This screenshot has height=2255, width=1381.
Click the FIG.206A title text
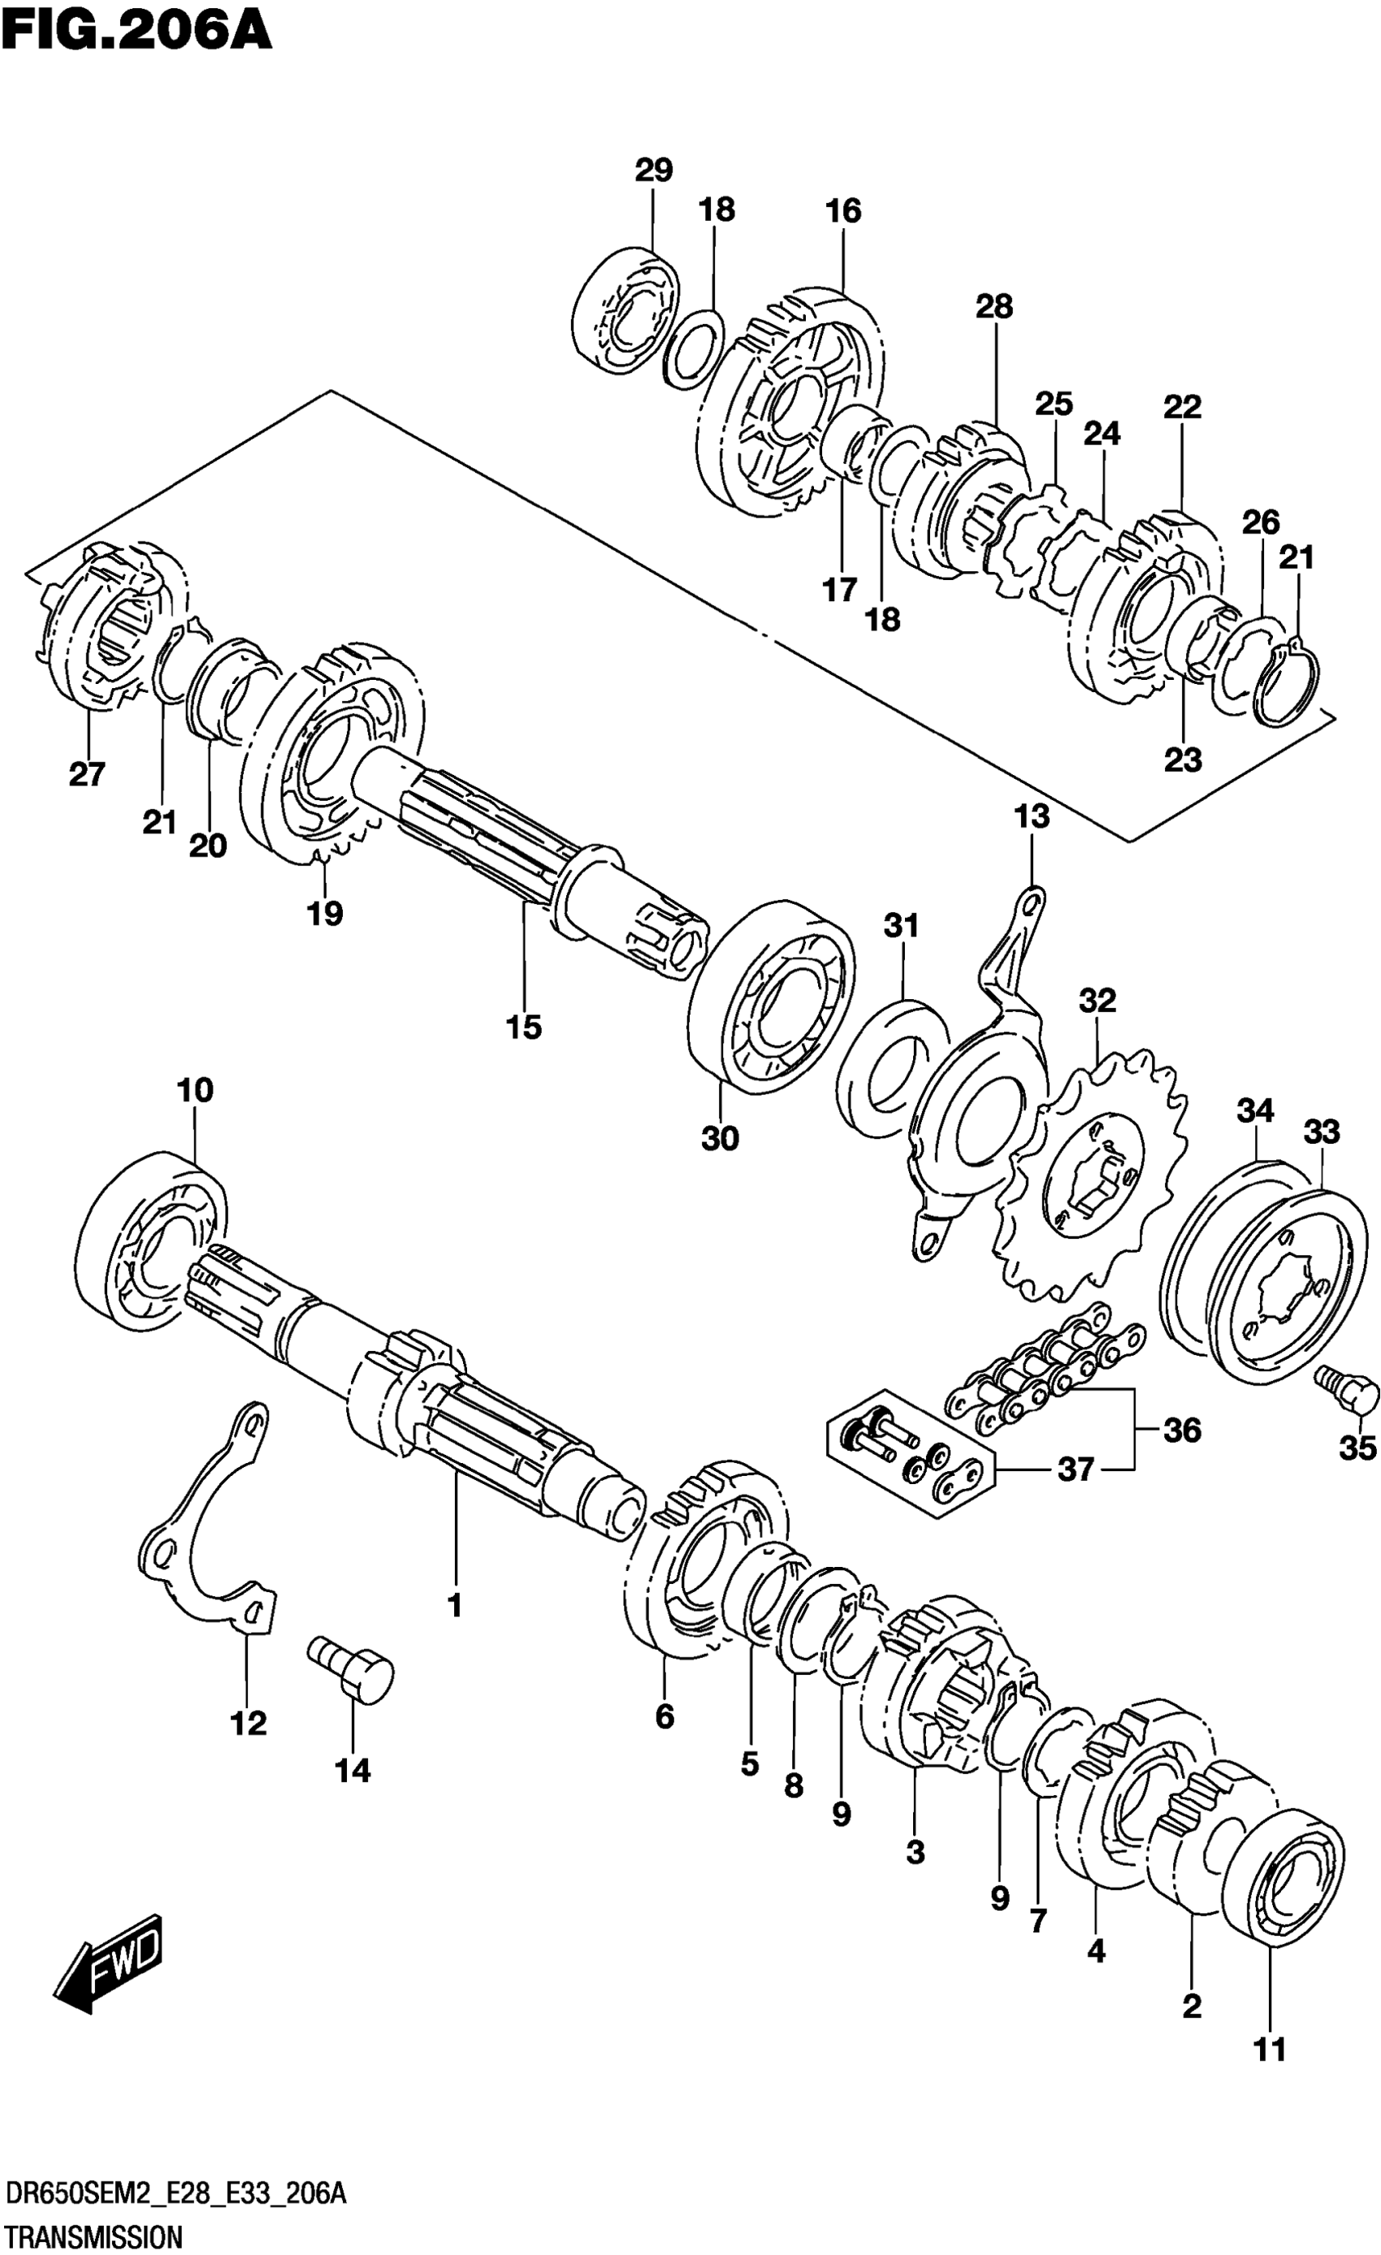point(137,29)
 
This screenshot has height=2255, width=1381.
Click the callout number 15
point(523,1027)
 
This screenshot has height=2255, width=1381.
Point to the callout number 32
point(1097,1000)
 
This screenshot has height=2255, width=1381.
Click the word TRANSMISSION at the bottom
point(93,2232)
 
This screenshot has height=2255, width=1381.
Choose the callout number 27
point(87,774)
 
